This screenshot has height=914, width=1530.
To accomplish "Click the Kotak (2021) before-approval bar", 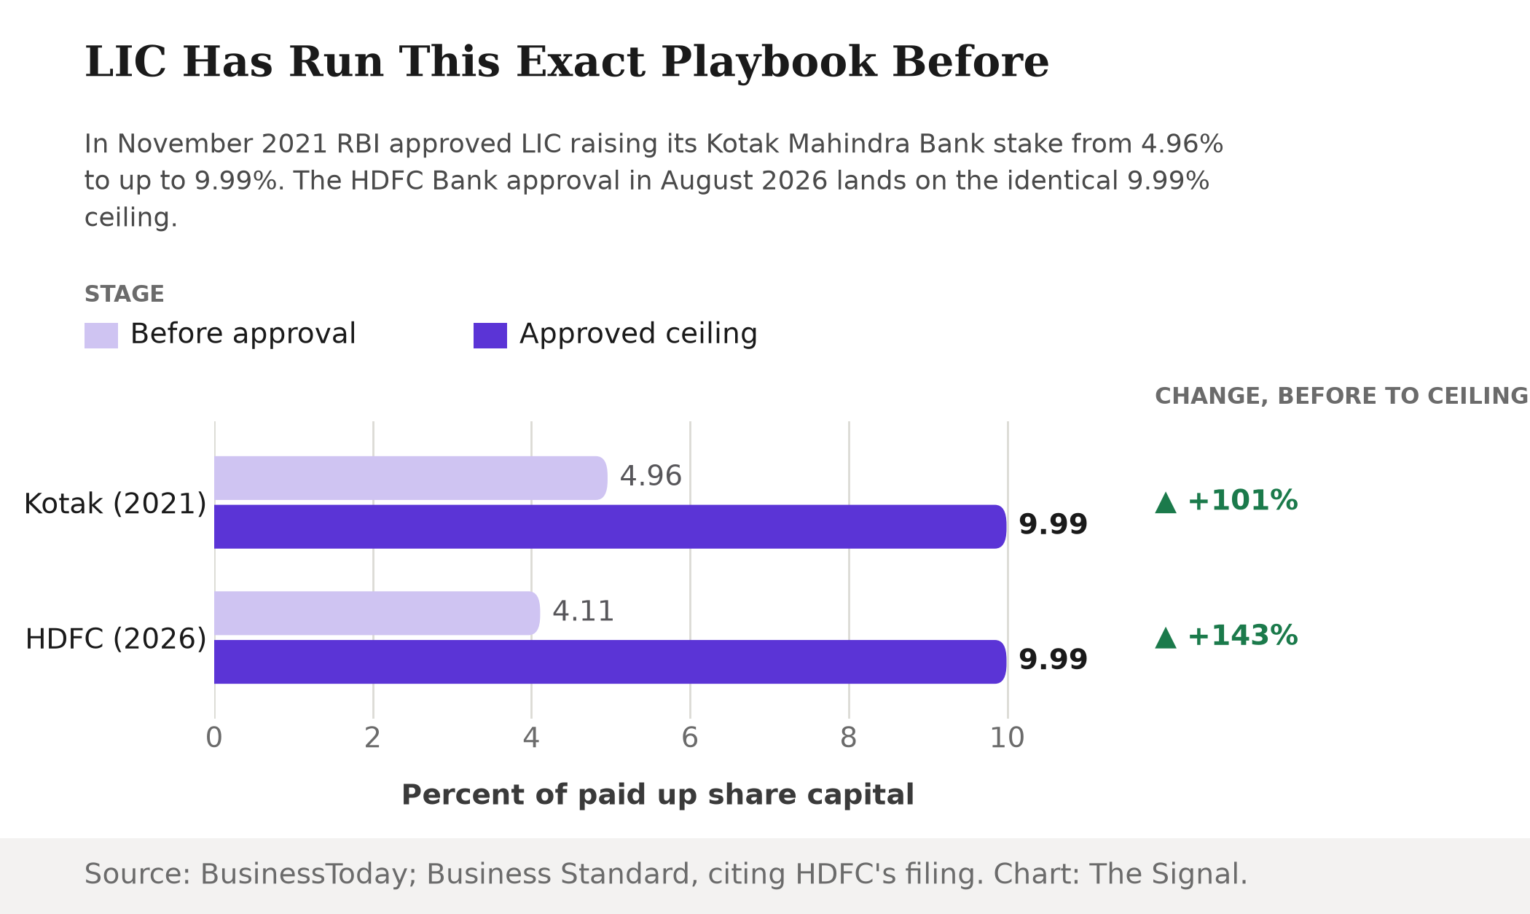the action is click(x=411, y=478).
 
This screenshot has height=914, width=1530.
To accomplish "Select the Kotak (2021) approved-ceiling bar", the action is click(x=611, y=526).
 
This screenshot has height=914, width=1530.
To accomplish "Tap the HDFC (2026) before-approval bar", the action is click(x=377, y=613).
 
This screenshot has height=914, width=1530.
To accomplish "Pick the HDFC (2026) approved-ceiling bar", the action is click(x=611, y=662).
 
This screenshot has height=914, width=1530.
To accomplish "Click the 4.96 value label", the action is click(x=651, y=476).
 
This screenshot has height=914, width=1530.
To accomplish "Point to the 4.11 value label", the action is click(x=584, y=611).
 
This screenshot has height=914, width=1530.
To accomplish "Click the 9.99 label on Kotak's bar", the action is click(x=1053, y=524).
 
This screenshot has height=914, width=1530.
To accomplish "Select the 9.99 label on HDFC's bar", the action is click(x=1053, y=659).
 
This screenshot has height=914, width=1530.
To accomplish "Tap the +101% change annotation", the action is click(x=1242, y=501).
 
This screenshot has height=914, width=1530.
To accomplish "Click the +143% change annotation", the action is click(x=1242, y=636).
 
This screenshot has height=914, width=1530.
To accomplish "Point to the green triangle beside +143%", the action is click(x=1166, y=638).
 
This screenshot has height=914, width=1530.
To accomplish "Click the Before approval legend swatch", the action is click(x=101, y=335).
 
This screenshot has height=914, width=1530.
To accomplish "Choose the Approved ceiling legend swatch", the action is click(x=490, y=335).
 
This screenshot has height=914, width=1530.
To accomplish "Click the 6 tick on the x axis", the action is click(x=690, y=738).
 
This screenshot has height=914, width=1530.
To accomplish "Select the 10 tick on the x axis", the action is click(x=1007, y=738).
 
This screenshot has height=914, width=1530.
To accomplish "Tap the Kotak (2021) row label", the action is click(x=115, y=504).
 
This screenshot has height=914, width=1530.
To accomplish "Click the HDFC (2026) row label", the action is click(x=116, y=638).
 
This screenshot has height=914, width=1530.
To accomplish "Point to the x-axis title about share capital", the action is click(x=658, y=794).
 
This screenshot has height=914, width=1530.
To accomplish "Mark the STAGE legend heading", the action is click(x=125, y=294).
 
